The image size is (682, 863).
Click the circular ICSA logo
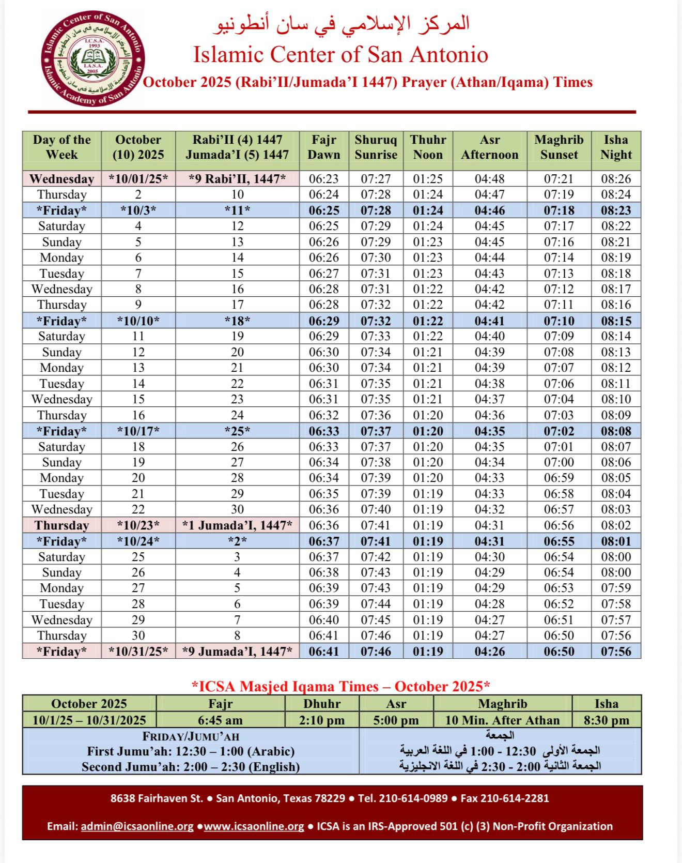[x=93, y=58]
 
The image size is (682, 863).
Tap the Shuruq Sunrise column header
[x=376, y=147]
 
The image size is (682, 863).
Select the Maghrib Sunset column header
[x=559, y=147]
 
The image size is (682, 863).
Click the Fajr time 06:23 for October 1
[x=324, y=179]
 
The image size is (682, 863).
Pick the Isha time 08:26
[x=616, y=179]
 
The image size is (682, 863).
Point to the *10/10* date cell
[x=138, y=321]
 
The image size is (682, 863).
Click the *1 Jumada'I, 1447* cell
[x=237, y=525]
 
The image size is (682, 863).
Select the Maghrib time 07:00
[x=559, y=462]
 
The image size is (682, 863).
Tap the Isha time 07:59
[x=616, y=588]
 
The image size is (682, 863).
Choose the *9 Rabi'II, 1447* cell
[x=237, y=179]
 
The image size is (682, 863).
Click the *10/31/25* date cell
[x=138, y=652]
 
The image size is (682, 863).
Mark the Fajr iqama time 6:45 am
[x=220, y=720]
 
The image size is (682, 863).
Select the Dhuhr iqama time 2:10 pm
[x=321, y=720]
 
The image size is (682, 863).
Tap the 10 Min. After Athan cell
[x=502, y=720]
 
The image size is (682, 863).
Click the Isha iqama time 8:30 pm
[x=606, y=720]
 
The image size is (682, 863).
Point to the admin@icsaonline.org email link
[x=137, y=826]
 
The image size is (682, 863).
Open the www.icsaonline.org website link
[x=254, y=826]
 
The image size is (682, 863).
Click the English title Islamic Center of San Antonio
[x=340, y=55]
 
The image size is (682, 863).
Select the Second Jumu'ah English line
[x=191, y=767]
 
